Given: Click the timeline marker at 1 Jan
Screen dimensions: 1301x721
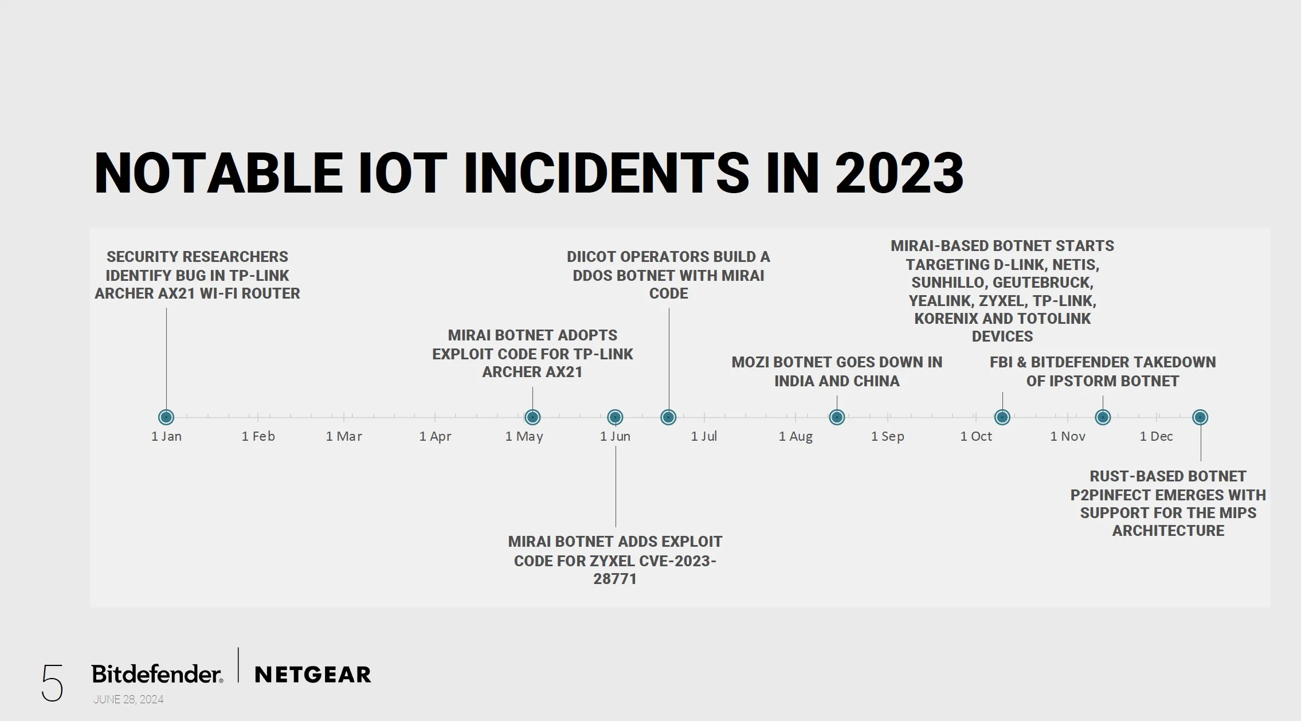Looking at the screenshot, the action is click(x=166, y=417).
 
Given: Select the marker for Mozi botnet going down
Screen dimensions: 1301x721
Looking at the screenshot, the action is click(x=837, y=417).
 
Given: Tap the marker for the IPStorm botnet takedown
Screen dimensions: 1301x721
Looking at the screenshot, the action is click(x=1103, y=417).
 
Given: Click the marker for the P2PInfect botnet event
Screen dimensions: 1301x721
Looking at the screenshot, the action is click(x=1200, y=417).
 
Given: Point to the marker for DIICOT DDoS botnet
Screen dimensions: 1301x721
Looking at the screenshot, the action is click(x=668, y=417).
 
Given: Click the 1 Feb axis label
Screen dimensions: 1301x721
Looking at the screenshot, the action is click(x=258, y=436).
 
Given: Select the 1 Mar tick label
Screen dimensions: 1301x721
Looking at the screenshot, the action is click(x=344, y=436).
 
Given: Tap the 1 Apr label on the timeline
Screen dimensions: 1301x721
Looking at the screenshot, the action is click(x=436, y=436).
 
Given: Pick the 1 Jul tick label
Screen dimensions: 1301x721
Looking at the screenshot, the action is click(x=704, y=436).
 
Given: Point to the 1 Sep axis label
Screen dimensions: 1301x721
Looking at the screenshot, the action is click(x=888, y=436).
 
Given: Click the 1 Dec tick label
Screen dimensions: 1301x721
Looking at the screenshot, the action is click(x=1156, y=436).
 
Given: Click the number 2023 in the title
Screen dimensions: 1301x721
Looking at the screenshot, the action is click(x=899, y=173).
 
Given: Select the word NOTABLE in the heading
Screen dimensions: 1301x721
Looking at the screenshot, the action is click(x=218, y=173).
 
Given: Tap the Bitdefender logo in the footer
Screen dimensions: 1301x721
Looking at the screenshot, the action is click(x=157, y=674).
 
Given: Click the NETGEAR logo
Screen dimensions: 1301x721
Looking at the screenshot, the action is click(x=313, y=675).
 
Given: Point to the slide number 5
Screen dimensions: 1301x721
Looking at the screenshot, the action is click(x=52, y=683).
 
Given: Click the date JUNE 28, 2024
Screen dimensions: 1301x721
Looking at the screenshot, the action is click(x=128, y=699).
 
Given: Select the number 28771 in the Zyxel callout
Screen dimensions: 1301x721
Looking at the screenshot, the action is click(x=615, y=579).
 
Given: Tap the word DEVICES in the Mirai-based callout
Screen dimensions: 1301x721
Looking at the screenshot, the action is click(x=1002, y=336).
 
